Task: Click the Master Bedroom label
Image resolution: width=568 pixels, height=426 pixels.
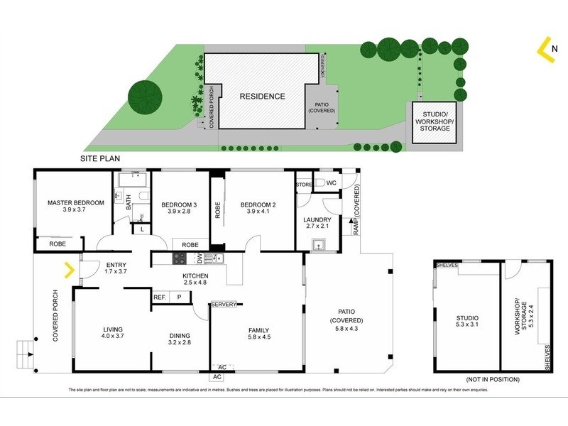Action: (x=76, y=202)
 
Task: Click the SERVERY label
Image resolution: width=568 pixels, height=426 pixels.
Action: (x=223, y=305)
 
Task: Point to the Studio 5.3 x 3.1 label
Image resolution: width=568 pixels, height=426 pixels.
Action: (x=466, y=322)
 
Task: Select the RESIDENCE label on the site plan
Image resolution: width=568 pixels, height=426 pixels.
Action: (x=262, y=97)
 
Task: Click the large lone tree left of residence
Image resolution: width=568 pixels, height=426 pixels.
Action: (x=145, y=95)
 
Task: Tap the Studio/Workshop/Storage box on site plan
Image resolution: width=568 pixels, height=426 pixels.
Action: (x=435, y=121)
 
